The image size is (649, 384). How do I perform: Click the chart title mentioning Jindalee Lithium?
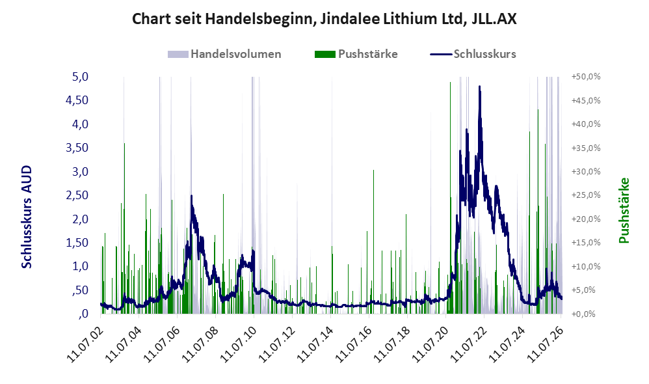(x=324, y=19)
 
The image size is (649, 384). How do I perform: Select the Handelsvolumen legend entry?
(x=224, y=54)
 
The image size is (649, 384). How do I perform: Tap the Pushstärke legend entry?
(x=356, y=54)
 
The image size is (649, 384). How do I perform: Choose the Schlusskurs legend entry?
(x=473, y=54)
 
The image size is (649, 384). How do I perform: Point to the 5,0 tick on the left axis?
(x=80, y=77)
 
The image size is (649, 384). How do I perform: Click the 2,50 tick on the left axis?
(x=77, y=195)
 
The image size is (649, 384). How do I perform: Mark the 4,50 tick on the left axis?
(x=77, y=100)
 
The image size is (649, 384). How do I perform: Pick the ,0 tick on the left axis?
(x=83, y=314)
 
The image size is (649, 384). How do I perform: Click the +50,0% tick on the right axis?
(x=586, y=77)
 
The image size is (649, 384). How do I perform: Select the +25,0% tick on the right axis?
(x=586, y=195)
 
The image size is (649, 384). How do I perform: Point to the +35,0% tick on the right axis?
(x=586, y=148)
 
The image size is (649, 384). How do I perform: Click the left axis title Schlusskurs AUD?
(x=27, y=217)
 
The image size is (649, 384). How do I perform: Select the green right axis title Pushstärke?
(x=624, y=210)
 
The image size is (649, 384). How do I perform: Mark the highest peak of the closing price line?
(x=479, y=87)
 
